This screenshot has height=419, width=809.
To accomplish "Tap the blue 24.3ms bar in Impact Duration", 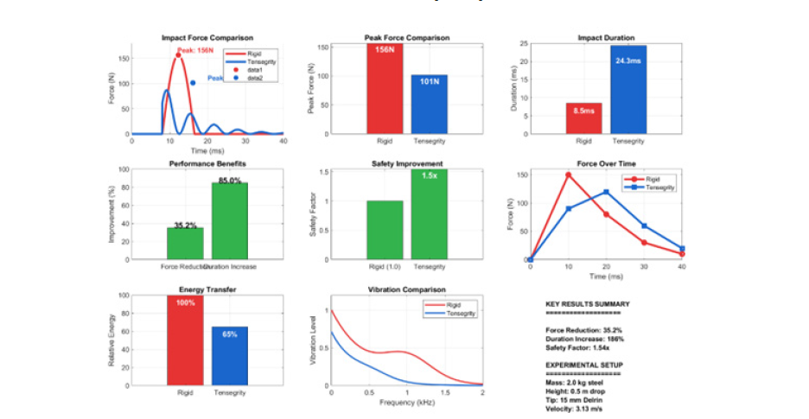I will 628,90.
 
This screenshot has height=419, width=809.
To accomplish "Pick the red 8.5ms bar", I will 583,118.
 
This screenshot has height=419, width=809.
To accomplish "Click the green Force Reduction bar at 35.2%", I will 184,244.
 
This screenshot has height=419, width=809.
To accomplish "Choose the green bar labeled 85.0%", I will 230,221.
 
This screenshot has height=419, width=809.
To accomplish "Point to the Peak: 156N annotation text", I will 196,51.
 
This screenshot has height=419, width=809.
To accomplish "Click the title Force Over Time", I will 606,163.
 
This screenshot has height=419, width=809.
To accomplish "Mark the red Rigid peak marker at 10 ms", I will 568,175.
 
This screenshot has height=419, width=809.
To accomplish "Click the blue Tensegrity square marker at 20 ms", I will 606,192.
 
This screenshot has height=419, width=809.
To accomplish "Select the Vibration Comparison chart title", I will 406,289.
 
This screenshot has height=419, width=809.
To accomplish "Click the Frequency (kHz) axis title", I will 406,403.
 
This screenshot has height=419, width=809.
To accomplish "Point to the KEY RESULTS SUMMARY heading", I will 588,304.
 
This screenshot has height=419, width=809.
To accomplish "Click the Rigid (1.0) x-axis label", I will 385,265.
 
